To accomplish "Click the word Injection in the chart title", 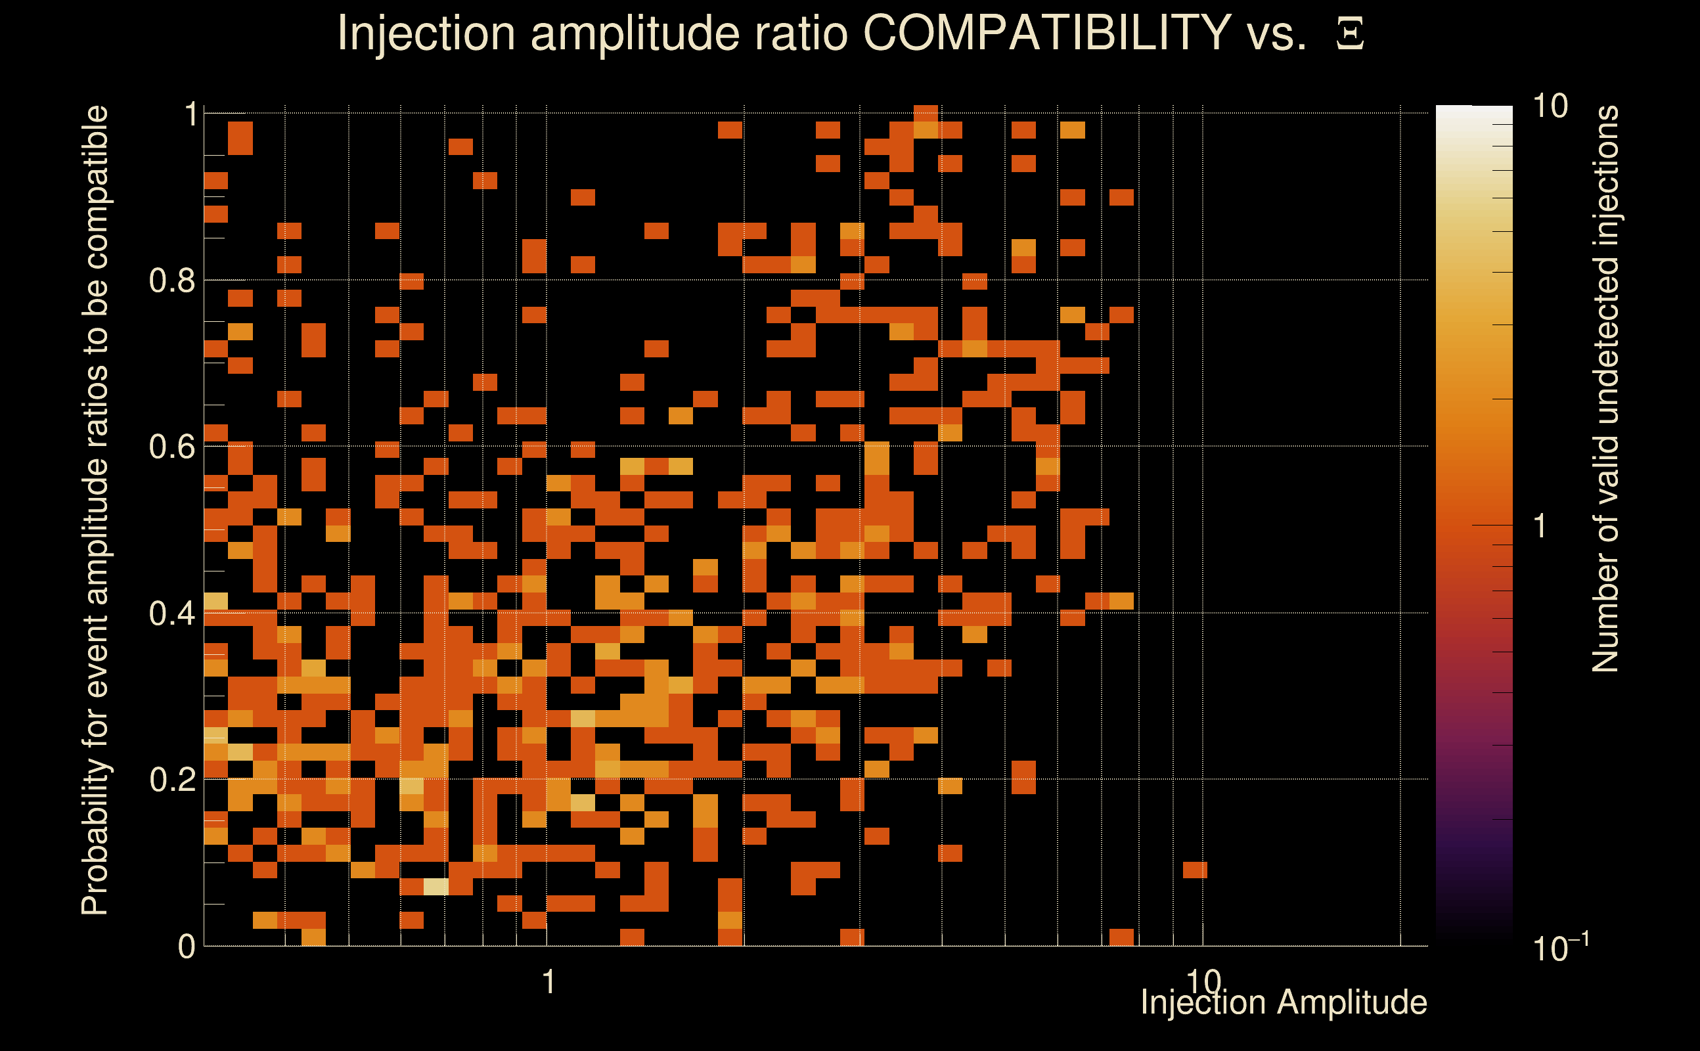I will [x=426, y=34].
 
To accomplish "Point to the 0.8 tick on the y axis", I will [x=171, y=281].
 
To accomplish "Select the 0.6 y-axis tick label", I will [x=171, y=447].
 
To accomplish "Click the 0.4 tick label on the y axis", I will [x=171, y=614].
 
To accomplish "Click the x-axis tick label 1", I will [x=548, y=982].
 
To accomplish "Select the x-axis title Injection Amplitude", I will [x=1284, y=1002].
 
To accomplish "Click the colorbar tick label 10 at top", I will [x=1550, y=107].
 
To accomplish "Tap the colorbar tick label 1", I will [x=1540, y=526].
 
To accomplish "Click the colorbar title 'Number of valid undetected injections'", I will [x=1605, y=390].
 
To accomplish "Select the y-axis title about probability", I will [x=95, y=511].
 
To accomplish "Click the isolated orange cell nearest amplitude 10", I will [x=1195, y=870].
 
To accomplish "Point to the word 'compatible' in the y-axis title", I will [x=95, y=188].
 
